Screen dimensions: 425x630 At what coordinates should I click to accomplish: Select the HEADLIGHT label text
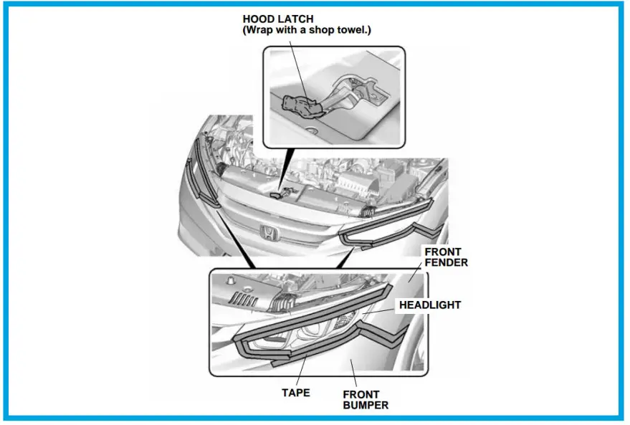coord(430,305)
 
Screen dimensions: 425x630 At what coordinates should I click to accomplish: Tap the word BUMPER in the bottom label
coord(365,405)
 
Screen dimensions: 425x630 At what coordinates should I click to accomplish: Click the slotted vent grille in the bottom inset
coord(249,298)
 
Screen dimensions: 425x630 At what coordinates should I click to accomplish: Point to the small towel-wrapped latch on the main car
coord(282,192)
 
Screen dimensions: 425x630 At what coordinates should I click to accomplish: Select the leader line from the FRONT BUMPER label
coord(354,372)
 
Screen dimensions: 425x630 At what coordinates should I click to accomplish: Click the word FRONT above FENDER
coord(443,252)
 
